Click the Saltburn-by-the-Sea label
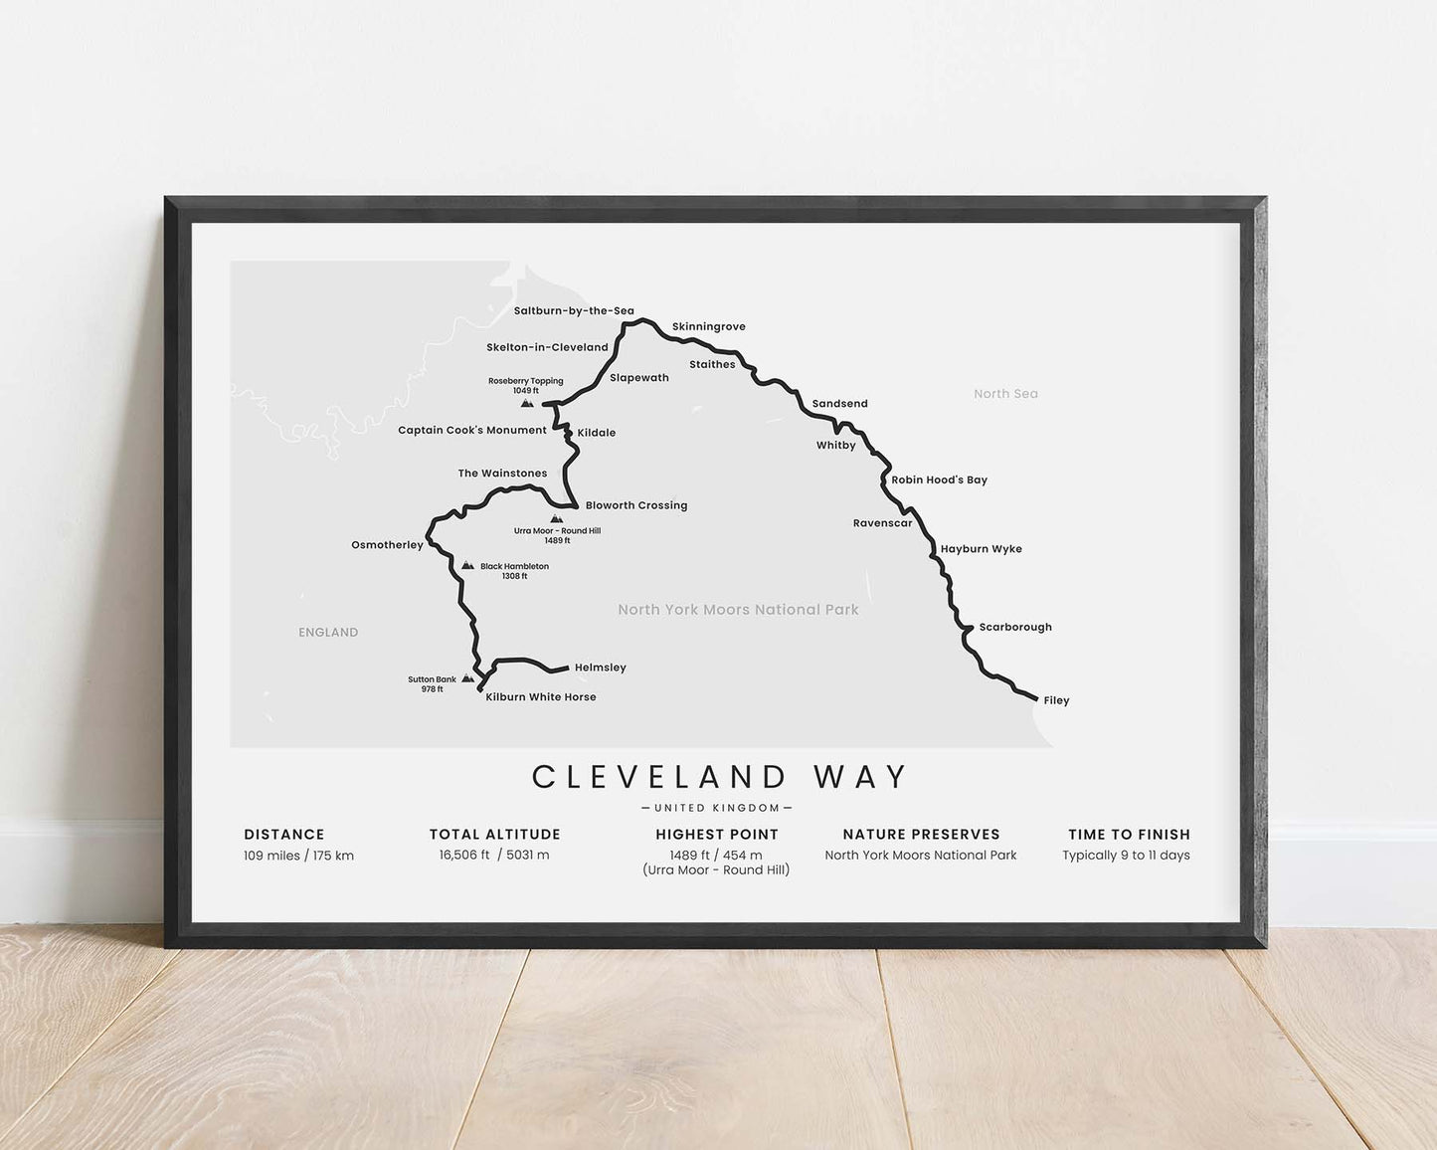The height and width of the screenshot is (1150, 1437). coord(574,310)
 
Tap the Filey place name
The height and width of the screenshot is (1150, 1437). coord(1056,700)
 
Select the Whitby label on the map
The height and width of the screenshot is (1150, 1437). coord(835,446)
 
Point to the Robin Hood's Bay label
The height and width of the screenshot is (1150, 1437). coord(939,479)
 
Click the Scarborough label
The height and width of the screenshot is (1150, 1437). coord(1014,627)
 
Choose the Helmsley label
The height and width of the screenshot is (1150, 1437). coord(600,668)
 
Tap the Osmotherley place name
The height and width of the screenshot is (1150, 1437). coord(387,545)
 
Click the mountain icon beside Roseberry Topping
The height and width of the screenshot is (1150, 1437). coord(527,403)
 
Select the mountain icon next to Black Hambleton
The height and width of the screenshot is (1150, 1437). coord(467,565)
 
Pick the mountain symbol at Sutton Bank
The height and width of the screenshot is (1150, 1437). coord(467,678)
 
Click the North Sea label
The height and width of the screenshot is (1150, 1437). coord(1005,394)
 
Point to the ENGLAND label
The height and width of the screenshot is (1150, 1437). coord(328,632)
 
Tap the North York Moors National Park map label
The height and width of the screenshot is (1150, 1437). coord(738,610)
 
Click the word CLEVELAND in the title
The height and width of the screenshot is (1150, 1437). coord(660,777)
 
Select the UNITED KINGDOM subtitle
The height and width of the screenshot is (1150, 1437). coord(717,808)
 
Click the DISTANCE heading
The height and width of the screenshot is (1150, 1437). coord(284,835)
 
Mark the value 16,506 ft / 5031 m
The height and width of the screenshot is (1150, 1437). coord(494,855)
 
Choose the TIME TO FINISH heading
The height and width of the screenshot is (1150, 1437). coord(1129,835)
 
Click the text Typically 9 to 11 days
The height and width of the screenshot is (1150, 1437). coord(1126,856)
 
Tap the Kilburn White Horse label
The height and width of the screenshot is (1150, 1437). coord(540,697)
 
